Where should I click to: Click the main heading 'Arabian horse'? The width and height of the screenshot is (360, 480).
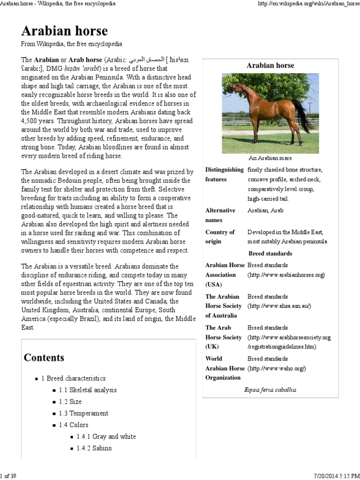tap(64, 31)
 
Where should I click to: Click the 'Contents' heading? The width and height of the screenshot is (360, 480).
tap(44, 358)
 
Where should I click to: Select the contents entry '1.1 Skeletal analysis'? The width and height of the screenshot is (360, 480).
tap(88, 390)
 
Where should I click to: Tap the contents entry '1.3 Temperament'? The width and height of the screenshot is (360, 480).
tap(83, 413)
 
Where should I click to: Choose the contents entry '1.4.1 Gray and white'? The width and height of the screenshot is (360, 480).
tap(106, 436)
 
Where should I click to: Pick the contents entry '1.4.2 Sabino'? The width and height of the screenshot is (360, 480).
tap(94, 448)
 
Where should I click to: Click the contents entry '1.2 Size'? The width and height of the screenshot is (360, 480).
tap(70, 402)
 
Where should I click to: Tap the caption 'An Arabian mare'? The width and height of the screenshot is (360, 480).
tap(270, 158)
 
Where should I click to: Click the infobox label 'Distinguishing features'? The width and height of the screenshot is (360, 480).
tap(224, 174)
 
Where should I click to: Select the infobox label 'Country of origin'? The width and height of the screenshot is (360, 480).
tap(220, 237)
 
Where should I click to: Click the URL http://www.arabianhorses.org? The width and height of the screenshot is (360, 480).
tap(286, 275)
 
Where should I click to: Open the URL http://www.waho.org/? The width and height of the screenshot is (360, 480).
tap(277, 368)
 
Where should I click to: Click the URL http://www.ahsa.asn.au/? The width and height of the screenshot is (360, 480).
tap(279, 306)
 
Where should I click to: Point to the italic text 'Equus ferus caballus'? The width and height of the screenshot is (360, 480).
tap(270, 390)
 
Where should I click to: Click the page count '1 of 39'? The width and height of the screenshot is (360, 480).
tap(8, 476)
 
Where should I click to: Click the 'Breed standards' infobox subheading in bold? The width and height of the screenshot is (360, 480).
tap(270, 254)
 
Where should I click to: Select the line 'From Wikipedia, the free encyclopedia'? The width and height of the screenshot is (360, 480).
tap(72, 44)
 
